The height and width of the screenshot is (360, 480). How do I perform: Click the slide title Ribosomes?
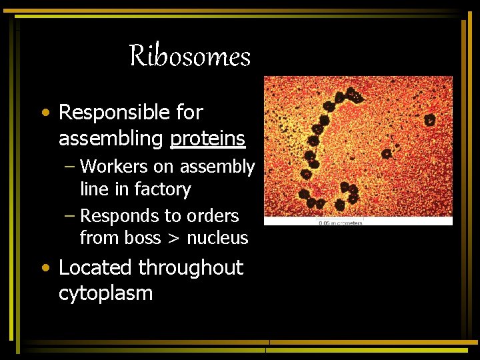coord(190,57)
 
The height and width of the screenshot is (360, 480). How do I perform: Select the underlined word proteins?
coord(208,139)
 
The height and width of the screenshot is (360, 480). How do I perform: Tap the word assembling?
coord(111,139)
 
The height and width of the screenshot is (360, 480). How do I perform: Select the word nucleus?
coord(217,238)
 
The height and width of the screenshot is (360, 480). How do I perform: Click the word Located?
coord(95,268)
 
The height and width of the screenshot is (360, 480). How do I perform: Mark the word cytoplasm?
coord(105,293)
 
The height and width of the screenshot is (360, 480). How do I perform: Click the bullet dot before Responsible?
coord(45,113)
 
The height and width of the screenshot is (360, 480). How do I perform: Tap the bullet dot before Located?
coord(45,269)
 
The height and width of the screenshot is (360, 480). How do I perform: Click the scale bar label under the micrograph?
coord(339,223)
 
